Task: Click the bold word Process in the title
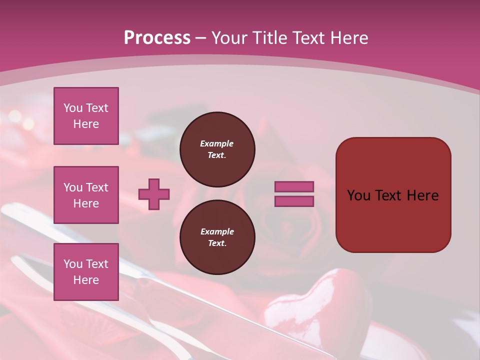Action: coord(157,38)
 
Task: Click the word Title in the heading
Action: coord(269,38)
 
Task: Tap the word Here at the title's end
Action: coord(348,38)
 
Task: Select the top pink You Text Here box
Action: coord(86,116)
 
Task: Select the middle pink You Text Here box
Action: coord(86,195)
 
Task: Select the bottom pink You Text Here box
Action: coord(86,271)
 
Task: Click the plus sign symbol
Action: coord(154,194)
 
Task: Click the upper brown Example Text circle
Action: coord(217,149)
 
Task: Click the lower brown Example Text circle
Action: coord(217,237)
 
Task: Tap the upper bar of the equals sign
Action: coord(294,186)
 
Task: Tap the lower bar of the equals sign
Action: coord(294,201)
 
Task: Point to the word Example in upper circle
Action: coord(216,143)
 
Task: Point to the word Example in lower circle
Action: coord(216,231)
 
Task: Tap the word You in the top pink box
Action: coord(73,108)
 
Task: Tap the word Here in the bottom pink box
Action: coord(86,280)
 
